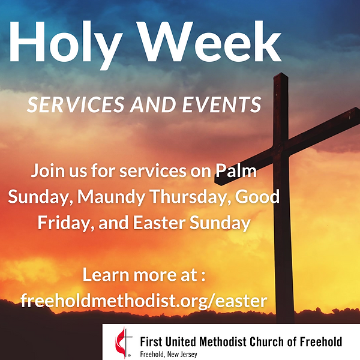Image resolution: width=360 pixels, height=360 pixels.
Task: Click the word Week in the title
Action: [x=214, y=42]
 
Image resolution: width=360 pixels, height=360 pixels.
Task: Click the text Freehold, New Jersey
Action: [x=167, y=354]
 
